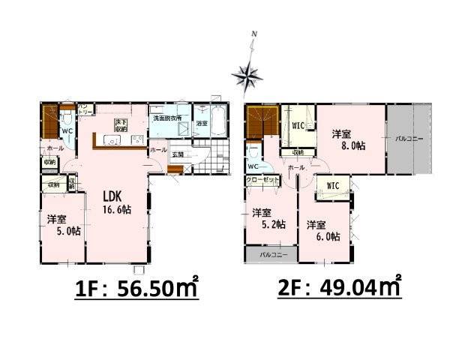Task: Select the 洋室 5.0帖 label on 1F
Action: (60, 225)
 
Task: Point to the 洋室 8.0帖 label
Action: (348, 140)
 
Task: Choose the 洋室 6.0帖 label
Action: (323, 230)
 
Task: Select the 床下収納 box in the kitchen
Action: (119, 125)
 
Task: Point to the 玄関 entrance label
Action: (178, 154)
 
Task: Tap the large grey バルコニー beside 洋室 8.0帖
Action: (409, 139)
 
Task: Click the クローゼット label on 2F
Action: (262, 180)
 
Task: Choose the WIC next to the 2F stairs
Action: (298, 125)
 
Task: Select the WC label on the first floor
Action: (67, 130)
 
